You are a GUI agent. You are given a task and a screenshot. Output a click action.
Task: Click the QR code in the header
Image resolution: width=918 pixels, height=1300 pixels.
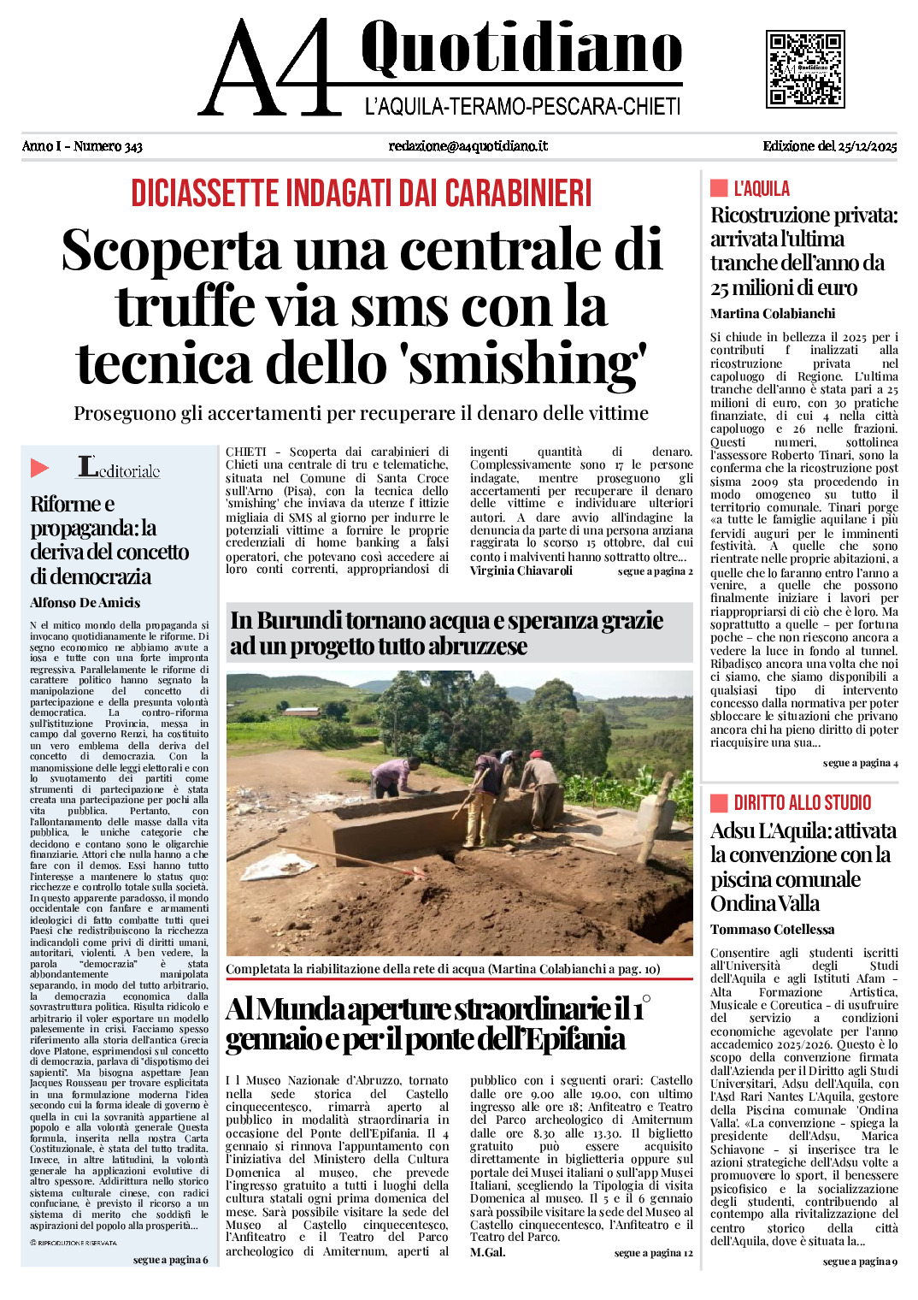805,68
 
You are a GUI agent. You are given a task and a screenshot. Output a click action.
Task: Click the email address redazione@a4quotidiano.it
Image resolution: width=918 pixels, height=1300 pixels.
468,146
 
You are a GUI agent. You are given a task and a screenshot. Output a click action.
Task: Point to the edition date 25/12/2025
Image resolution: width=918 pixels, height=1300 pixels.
867,146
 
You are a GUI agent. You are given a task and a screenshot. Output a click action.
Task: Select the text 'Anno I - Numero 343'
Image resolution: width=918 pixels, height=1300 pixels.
82,146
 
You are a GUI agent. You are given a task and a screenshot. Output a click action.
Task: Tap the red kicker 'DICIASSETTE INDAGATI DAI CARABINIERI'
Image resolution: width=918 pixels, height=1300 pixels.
362,193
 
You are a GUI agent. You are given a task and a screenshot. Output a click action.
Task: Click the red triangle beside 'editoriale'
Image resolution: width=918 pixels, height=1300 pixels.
39,468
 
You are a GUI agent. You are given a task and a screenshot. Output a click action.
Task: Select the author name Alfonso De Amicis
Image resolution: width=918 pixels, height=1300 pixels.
85,602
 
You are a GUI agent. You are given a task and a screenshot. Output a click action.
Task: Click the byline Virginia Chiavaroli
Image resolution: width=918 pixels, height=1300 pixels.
521,570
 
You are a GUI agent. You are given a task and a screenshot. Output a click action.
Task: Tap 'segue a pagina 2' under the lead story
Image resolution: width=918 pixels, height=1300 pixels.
655,570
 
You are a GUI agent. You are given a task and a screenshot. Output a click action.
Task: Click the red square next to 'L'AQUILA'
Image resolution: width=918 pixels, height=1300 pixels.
719,188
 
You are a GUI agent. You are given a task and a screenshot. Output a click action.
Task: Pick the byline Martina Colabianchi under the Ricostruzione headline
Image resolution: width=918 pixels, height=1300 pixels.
772,313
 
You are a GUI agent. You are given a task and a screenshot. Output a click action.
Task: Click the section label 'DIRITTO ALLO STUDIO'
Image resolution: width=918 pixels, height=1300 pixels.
802,802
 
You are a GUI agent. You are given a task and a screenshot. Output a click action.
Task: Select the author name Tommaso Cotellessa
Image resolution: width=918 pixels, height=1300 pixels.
772,929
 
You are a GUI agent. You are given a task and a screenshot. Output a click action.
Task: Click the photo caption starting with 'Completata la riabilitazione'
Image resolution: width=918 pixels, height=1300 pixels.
443,969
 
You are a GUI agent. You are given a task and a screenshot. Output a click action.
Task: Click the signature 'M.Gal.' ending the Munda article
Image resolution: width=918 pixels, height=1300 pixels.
487,1252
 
